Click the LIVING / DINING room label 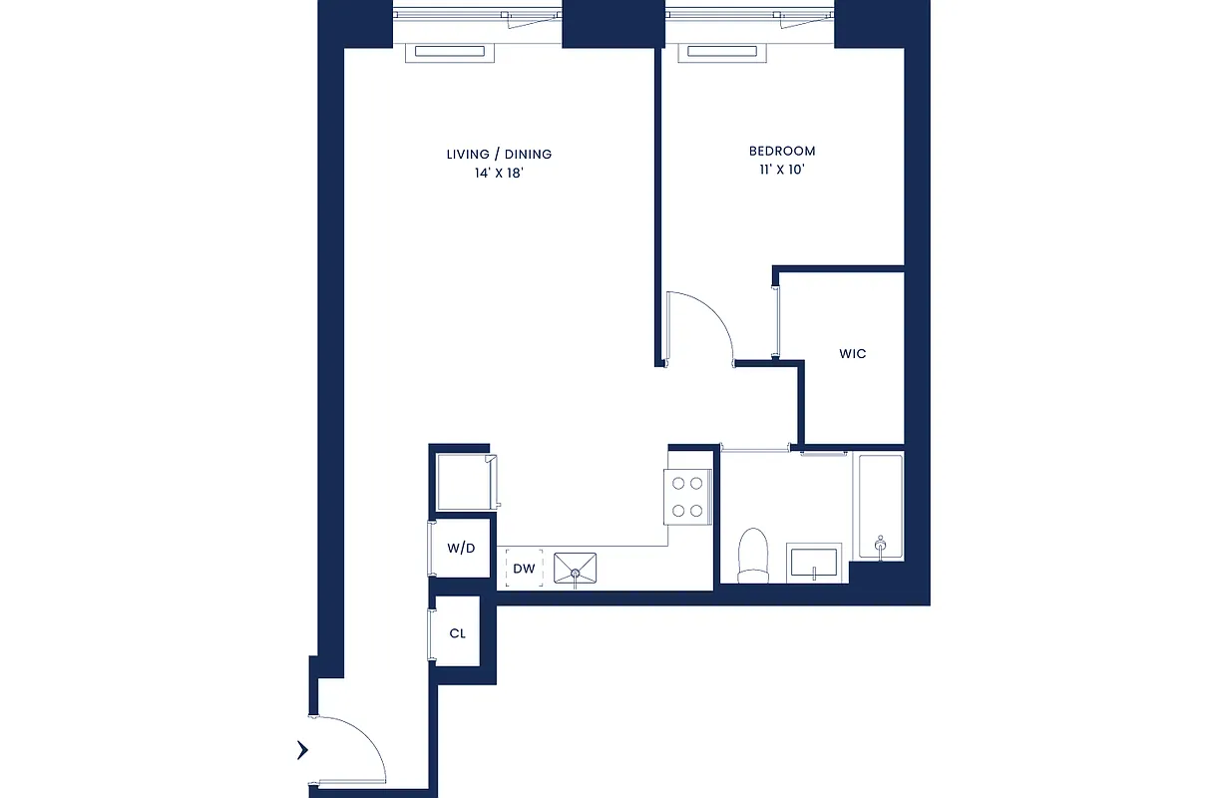[x=499, y=155]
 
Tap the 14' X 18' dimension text [x=499, y=173]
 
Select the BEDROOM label [x=782, y=152]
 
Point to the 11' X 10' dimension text [x=782, y=170]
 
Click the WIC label [x=852, y=354]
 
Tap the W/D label [x=461, y=548]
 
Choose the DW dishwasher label [x=524, y=570]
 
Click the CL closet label [x=458, y=633]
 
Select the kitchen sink [x=576, y=569]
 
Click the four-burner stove [x=688, y=496]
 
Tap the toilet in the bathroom [x=753, y=555]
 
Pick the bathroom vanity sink [x=814, y=563]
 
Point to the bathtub [x=880, y=507]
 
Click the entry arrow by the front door [x=303, y=750]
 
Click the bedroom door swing [x=698, y=324]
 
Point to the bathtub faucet [x=880, y=544]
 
